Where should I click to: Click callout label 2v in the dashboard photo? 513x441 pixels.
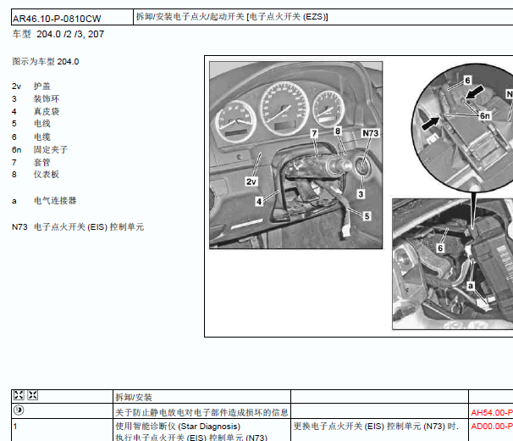[251, 181]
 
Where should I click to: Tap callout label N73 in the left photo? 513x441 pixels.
[371, 133]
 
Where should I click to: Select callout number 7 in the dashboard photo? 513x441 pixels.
[312, 134]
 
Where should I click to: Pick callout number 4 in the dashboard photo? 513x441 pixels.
[259, 202]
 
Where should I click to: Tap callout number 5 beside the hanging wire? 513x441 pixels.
[367, 216]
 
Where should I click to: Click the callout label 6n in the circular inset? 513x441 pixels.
[484, 115]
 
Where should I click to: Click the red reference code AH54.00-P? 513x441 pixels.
[491, 411]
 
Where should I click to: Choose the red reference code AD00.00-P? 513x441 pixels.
[491, 426]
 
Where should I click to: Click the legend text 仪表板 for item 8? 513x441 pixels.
[47, 174]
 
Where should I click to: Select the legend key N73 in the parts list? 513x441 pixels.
[20, 227]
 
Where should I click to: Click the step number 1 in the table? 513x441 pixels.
[15, 426]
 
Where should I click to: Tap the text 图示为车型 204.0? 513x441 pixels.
[45, 62]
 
